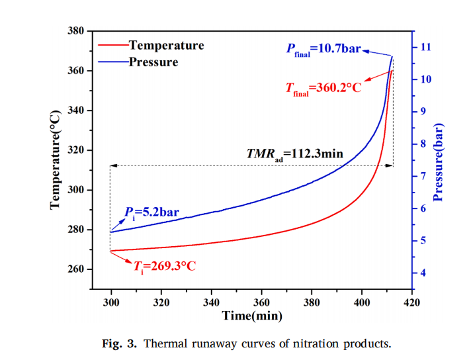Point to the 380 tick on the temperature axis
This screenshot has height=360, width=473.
(74, 31)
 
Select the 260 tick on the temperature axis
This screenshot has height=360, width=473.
(74, 270)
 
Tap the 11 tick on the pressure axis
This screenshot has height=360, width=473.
(425, 48)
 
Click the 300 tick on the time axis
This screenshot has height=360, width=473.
(111, 303)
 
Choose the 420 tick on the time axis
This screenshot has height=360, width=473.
(412, 303)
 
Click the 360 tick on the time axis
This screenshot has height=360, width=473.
(262, 303)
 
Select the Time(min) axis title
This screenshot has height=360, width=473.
(253, 316)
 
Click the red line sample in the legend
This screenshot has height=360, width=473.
(113, 46)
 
